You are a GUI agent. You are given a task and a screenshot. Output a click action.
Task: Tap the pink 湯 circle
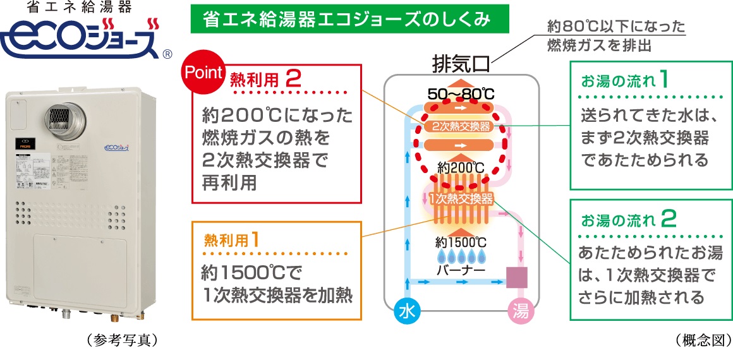520,311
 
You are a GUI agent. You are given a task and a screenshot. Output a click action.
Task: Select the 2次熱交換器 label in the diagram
461,126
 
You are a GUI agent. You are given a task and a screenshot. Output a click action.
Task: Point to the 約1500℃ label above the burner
461,242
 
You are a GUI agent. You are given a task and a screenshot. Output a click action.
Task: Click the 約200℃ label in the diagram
461,169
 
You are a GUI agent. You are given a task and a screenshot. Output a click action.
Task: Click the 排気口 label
460,64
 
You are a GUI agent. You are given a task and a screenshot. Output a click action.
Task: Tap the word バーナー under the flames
461,270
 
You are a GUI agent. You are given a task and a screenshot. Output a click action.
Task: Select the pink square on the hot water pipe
518,277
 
